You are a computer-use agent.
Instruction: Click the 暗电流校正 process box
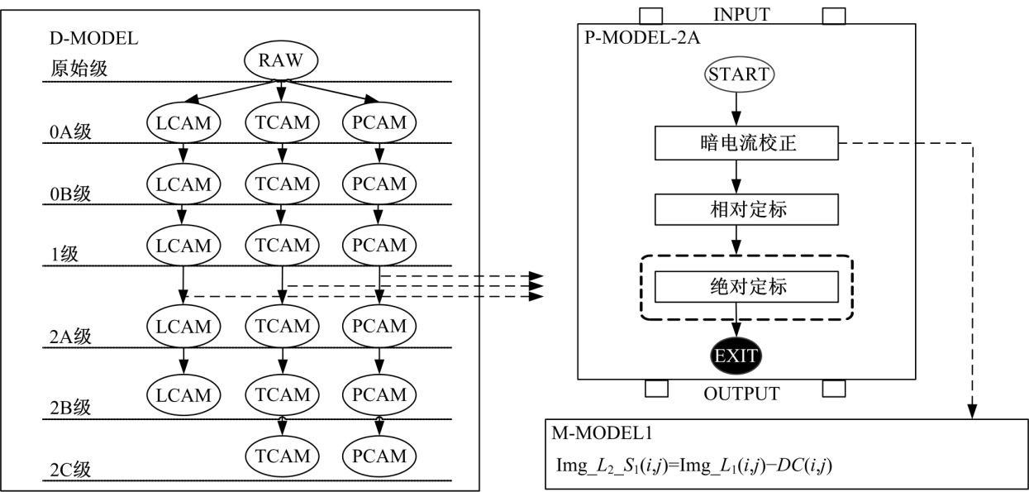click(x=746, y=145)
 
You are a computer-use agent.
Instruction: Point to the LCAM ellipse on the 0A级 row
click(x=184, y=122)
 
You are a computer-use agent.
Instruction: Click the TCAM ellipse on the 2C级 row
click(x=282, y=455)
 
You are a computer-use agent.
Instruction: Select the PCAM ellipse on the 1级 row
click(x=379, y=245)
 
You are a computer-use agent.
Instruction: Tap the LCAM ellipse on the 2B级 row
click(x=184, y=394)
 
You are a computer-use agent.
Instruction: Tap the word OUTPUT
click(x=741, y=394)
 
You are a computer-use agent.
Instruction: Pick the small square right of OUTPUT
click(x=834, y=388)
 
